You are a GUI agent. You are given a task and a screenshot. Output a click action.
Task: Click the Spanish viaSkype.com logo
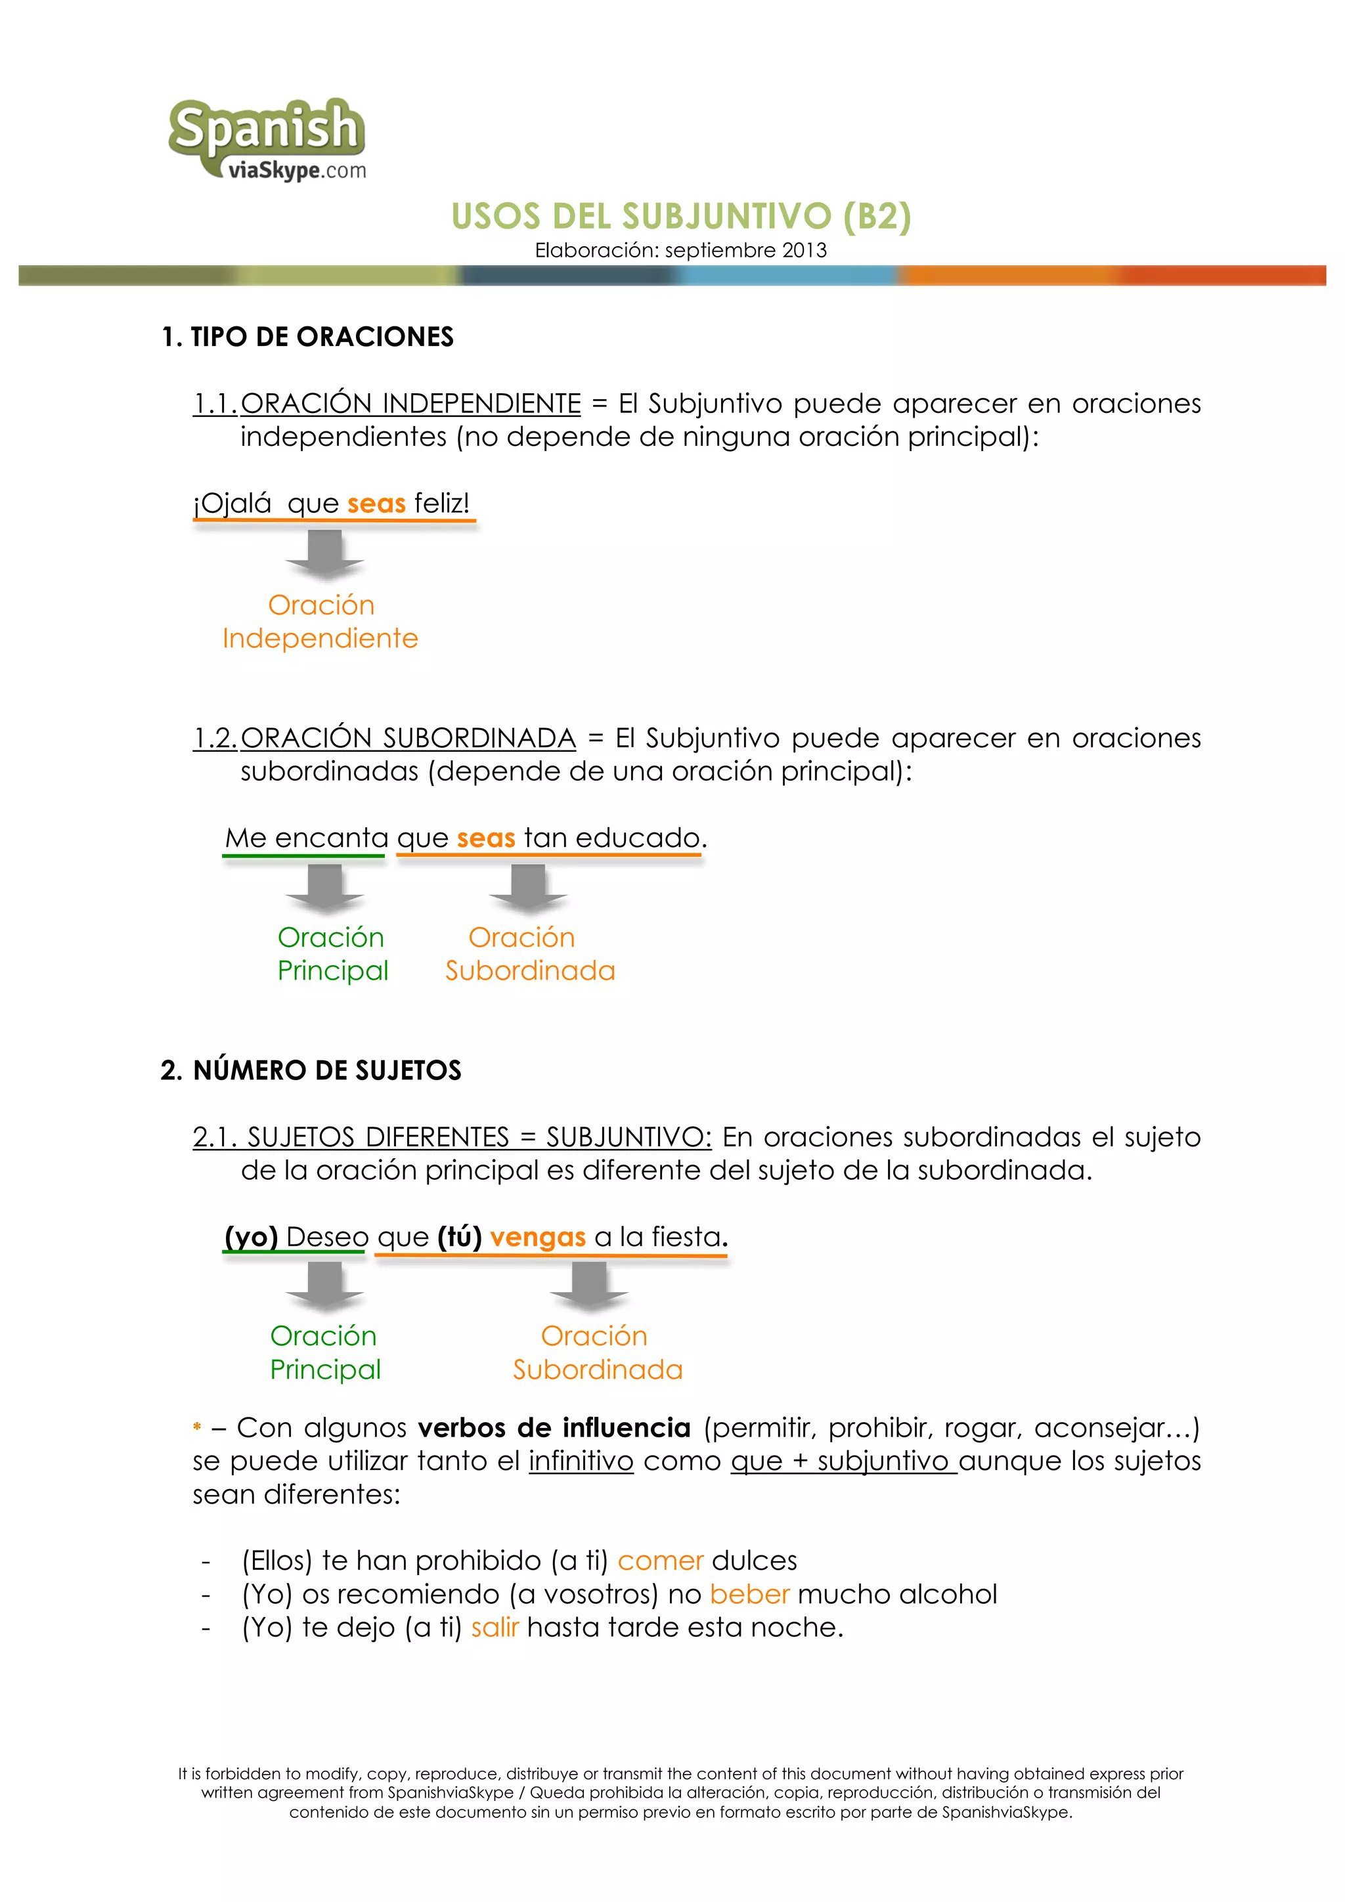[x=267, y=139]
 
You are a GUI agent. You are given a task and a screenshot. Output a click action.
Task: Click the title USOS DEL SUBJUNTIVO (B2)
[x=680, y=216]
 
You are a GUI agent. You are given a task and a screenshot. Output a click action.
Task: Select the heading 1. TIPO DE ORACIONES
[x=307, y=337]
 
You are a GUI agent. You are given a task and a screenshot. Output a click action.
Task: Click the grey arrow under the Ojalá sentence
[x=325, y=553]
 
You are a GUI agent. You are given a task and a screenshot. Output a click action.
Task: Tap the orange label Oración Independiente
[x=320, y=621]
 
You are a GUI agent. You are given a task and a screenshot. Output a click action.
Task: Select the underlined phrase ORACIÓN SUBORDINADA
[x=408, y=738]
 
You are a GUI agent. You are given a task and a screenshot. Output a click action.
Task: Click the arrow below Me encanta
[x=325, y=888]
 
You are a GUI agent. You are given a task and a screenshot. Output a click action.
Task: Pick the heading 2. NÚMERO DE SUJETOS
[x=311, y=1070]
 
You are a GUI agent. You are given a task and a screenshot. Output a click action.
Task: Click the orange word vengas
[x=538, y=1237]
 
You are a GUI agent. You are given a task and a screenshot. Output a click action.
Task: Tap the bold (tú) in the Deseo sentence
[x=459, y=1237]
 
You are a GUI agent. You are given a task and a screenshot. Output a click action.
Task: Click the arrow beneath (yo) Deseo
[x=325, y=1287]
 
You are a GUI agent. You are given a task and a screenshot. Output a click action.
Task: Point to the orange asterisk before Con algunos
[x=197, y=1427]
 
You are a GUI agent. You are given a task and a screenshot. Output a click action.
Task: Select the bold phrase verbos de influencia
[x=554, y=1427]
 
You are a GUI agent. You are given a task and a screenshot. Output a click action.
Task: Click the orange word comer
[x=661, y=1561]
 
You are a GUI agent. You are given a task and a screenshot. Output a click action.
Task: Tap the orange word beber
[x=749, y=1594]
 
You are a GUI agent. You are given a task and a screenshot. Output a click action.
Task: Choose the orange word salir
[x=495, y=1627]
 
